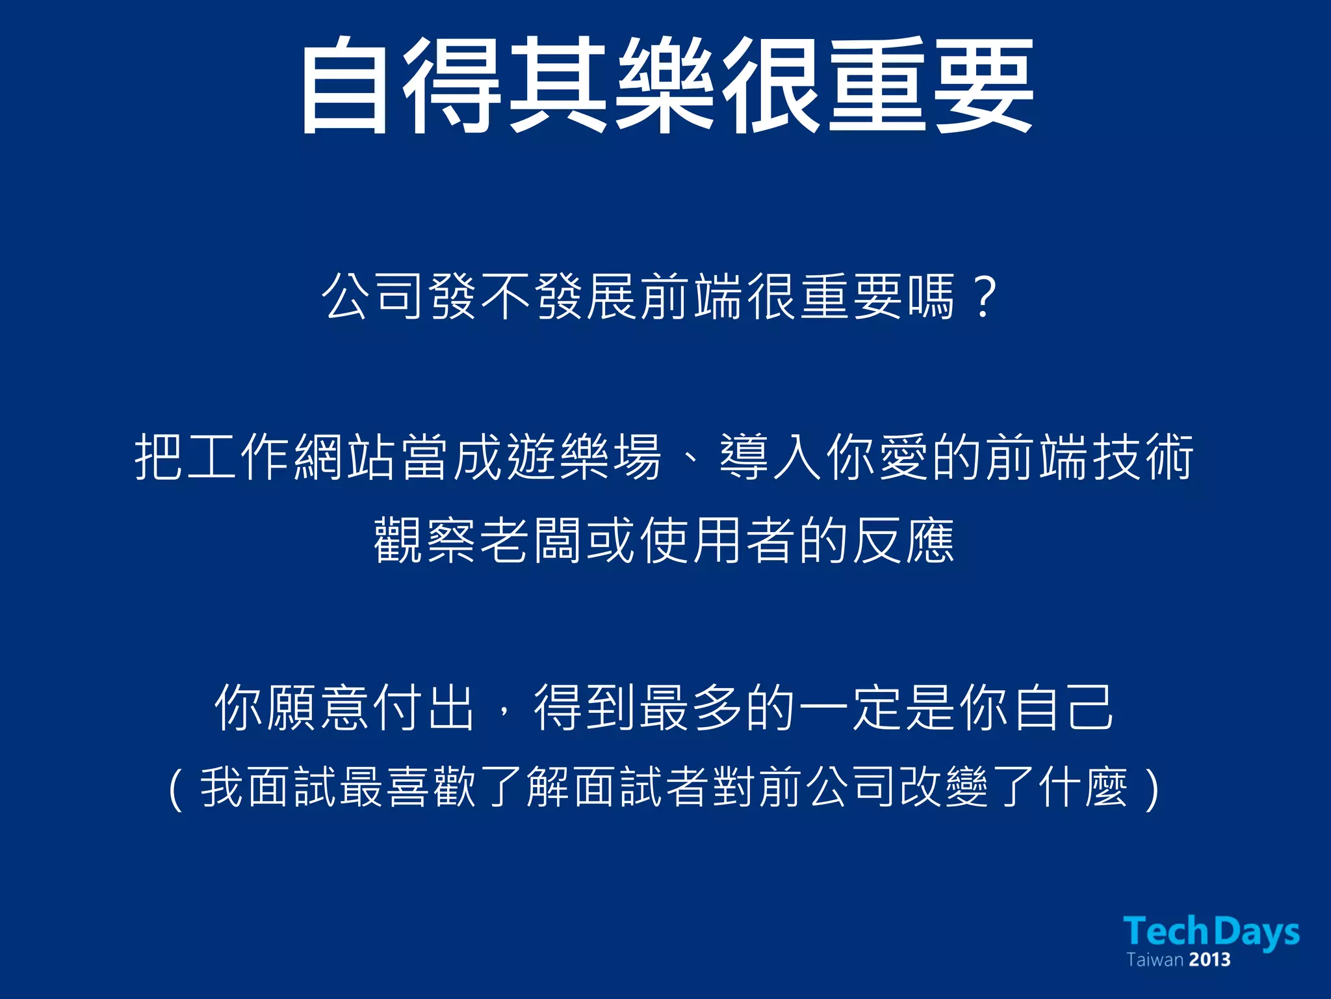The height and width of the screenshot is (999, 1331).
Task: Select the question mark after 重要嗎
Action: pos(985,297)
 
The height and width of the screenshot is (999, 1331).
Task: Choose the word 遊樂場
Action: pos(584,457)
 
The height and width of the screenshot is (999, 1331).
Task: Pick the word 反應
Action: pos(903,540)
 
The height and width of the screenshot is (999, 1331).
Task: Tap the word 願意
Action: pos(318,708)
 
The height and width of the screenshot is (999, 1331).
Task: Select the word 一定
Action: pos(851,708)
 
